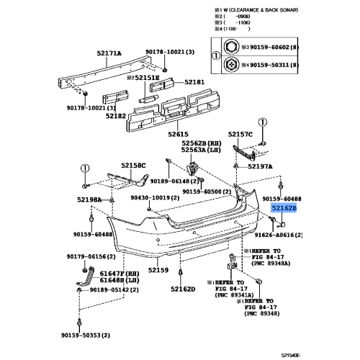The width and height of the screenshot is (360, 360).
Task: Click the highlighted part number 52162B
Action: (x=284, y=207)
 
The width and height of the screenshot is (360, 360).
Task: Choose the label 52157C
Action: (x=241, y=134)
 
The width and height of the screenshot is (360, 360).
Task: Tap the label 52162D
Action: (x=183, y=289)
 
